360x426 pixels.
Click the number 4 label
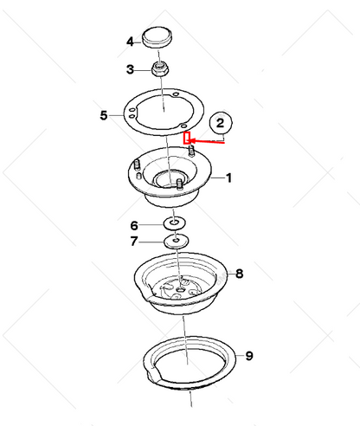tap(130, 41)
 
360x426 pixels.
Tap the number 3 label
tap(130, 69)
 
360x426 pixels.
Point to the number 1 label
tap(229, 178)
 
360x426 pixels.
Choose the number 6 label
tap(134, 224)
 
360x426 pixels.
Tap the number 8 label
tap(239, 273)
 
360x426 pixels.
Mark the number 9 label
tap(248, 355)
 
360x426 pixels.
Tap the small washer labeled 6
tap(176, 224)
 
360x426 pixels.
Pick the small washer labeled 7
tap(177, 240)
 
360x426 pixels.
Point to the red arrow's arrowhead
tap(195, 139)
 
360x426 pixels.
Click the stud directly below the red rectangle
tap(188, 152)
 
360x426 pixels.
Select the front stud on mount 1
tap(177, 184)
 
